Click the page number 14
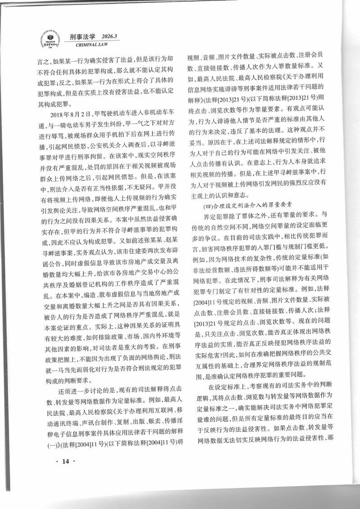click(x=66, y=460)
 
